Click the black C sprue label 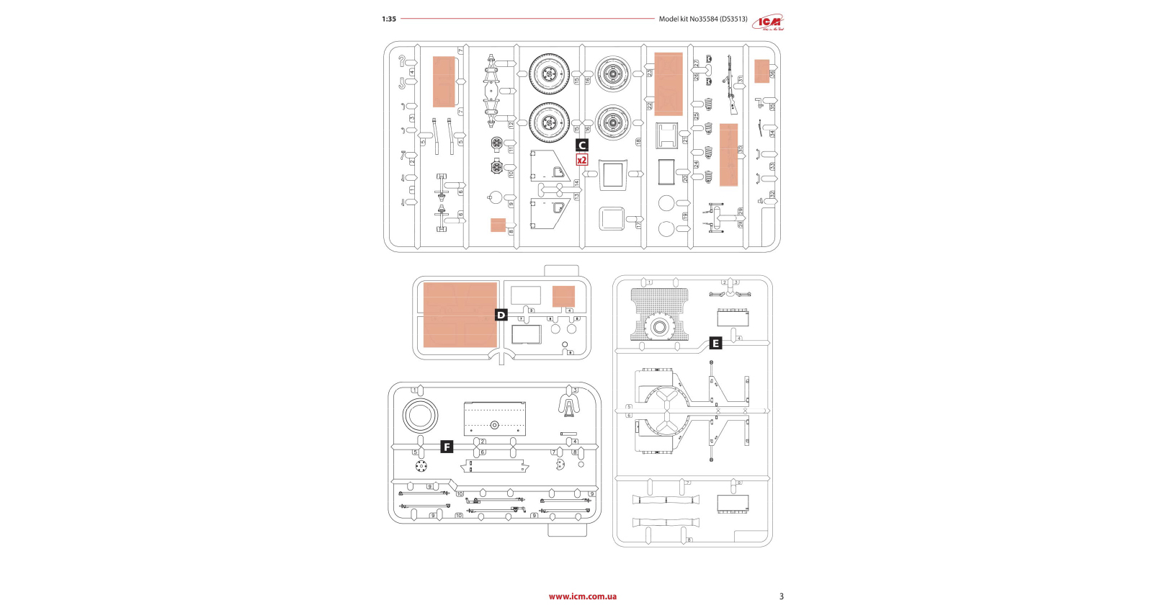tap(582, 146)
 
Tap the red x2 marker tap(582, 160)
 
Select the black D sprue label tap(501, 315)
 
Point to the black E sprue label tap(715, 344)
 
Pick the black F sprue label tap(447, 447)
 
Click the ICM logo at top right tap(768, 23)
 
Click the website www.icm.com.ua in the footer tap(582, 596)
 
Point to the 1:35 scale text tap(389, 19)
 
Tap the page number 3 tap(782, 596)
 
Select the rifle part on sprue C tap(731, 85)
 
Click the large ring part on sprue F tap(420, 416)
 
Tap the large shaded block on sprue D tap(460, 315)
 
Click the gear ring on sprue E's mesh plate tap(659, 327)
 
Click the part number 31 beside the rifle tap(740, 80)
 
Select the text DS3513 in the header tap(733, 19)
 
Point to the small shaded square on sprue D tap(563, 297)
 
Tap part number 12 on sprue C tap(511, 125)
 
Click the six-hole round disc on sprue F tap(421, 466)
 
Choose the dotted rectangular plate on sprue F tap(494, 419)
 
